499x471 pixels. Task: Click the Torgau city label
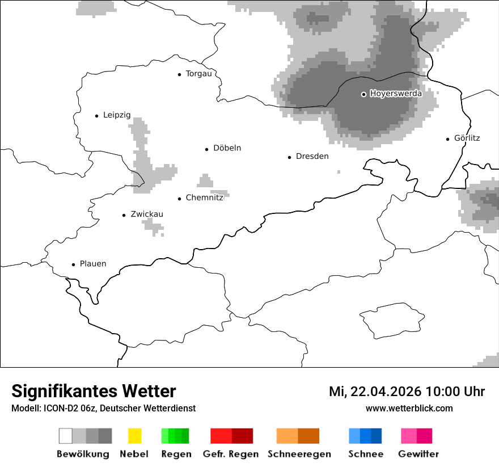pos(198,74)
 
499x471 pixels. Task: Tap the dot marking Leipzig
pos(96,116)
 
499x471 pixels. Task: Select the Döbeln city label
pos(227,148)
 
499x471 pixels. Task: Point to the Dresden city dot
pos(289,157)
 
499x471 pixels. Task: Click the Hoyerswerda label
pos(396,94)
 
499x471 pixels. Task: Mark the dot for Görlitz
pos(448,138)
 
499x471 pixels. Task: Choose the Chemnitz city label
pos(204,198)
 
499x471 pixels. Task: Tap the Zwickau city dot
pos(124,215)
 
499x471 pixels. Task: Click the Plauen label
pos(93,264)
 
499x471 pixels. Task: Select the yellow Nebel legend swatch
pos(134,436)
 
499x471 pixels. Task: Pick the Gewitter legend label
pos(418,454)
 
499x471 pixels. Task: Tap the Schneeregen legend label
pos(299,454)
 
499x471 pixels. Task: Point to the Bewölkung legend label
pos(83,454)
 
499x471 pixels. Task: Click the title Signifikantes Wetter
pos(94,391)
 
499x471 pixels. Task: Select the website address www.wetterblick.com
pos(409,408)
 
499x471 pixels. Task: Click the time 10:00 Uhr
pos(455,392)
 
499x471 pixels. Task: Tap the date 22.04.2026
pos(386,392)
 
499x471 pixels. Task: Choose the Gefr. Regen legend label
pos(230,454)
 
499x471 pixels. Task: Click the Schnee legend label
pos(366,454)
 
